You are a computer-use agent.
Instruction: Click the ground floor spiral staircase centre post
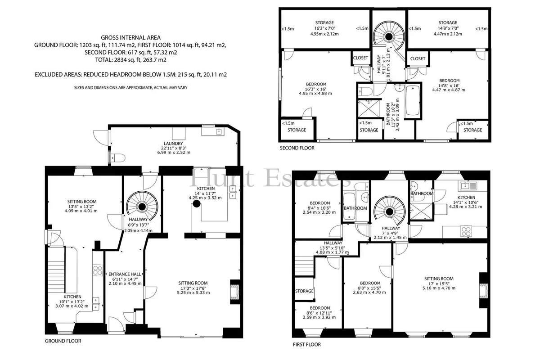click(x=142, y=207)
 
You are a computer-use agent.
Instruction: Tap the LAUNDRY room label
click(x=173, y=144)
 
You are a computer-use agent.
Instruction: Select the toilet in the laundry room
click(x=118, y=158)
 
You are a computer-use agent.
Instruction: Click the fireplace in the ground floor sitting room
click(x=235, y=292)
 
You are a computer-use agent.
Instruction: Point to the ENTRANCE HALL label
click(x=125, y=274)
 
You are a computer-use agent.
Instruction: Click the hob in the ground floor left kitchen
click(x=98, y=270)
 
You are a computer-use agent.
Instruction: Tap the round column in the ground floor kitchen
click(x=197, y=204)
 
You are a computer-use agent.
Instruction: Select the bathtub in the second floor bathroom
click(x=413, y=101)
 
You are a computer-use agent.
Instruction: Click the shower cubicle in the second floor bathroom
click(x=369, y=109)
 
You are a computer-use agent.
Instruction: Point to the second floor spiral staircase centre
click(x=389, y=36)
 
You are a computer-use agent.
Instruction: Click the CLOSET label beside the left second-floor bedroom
click(x=360, y=58)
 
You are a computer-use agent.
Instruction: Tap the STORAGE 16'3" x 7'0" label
click(x=324, y=28)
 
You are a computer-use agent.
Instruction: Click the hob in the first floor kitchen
click(x=466, y=231)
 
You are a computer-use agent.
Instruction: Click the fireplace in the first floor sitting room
click(x=483, y=290)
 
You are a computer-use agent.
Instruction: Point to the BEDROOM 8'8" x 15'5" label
click(x=370, y=288)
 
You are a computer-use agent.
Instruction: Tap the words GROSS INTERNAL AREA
click(x=130, y=38)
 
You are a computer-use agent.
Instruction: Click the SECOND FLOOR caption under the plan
click(x=297, y=148)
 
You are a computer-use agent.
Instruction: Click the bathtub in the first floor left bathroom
click(x=349, y=207)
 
